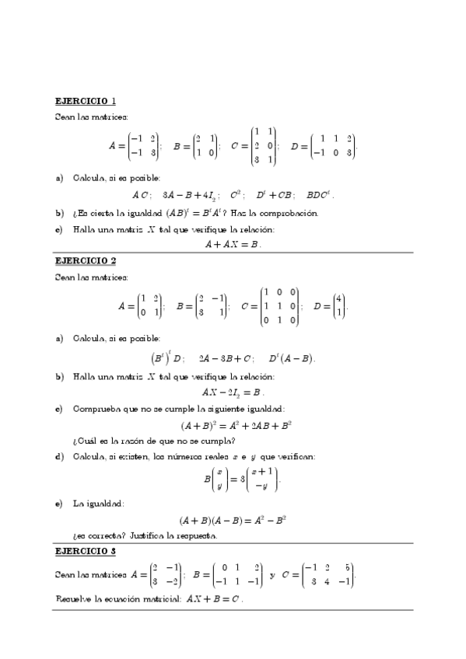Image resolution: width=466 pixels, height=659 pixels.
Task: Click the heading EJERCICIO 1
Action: click(x=86, y=101)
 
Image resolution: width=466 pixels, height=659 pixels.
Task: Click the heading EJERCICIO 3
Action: click(x=86, y=551)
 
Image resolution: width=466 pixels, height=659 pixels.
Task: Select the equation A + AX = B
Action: click(x=233, y=244)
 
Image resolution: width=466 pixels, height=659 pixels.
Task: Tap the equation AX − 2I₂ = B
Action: click(x=233, y=392)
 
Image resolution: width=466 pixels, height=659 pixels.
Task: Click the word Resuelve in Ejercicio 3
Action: click(x=75, y=599)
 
